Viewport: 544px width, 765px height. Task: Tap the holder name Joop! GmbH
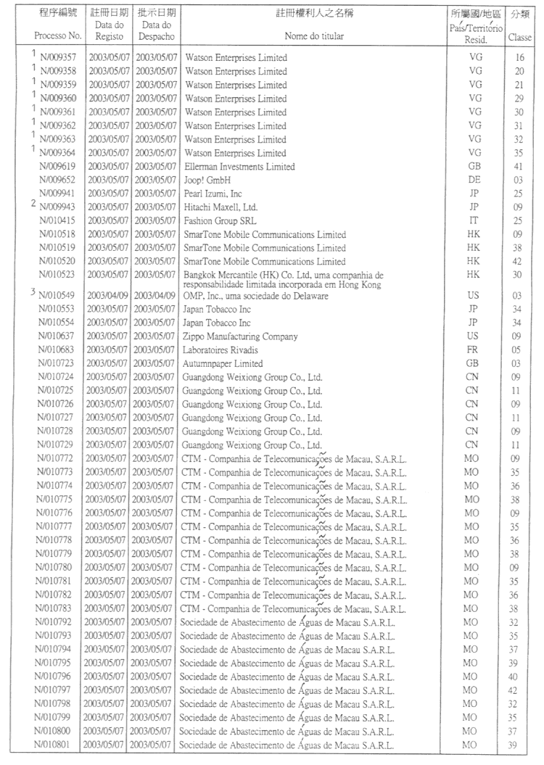pyautogui.click(x=207, y=181)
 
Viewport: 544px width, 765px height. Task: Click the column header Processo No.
pyautogui.click(x=58, y=35)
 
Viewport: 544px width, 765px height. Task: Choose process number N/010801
pyautogui.click(x=59, y=745)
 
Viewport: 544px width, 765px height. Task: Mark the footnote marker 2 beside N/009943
pyautogui.click(x=33, y=204)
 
